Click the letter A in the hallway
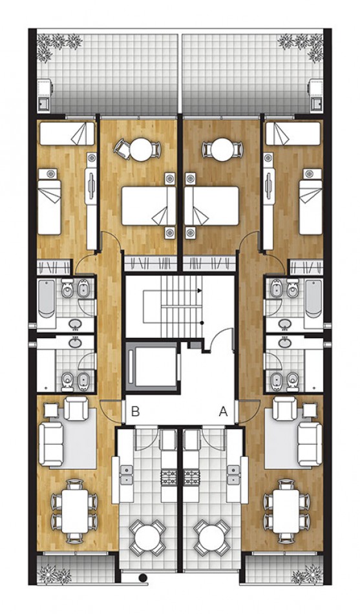[x=224, y=410]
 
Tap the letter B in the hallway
[x=136, y=410]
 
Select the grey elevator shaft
[x=153, y=366]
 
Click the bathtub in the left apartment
[x=47, y=298]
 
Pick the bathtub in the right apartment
[x=313, y=298]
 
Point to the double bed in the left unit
[x=148, y=207]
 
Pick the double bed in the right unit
[x=212, y=207]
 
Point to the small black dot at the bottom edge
[x=143, y=578]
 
